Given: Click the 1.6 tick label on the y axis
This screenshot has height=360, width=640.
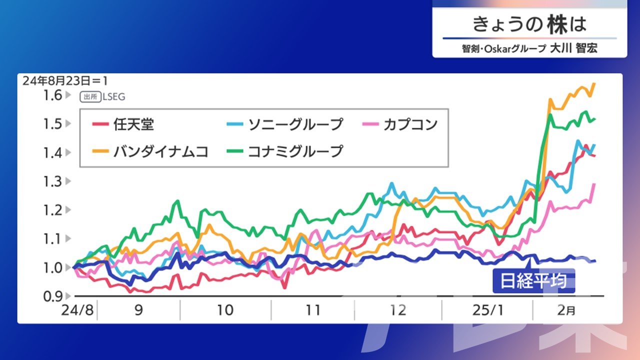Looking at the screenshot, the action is [x=52, y=95].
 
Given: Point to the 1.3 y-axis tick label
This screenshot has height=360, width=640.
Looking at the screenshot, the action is [x=52, y=181].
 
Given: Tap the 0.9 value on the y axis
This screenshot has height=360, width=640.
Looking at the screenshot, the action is [x=52, y=296].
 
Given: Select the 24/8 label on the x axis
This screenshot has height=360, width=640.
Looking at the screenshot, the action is [x=77, y=310].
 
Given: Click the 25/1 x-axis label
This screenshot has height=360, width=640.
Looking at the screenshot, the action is [x=488, y=310].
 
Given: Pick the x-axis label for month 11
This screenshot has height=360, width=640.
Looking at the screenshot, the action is [x=313, y=310].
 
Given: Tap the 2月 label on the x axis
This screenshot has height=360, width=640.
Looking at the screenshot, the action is [x=566, y=310].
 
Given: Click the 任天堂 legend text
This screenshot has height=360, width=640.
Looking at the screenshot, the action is [x=133, y=124].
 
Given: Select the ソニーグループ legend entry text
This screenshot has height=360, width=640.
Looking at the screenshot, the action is [x=295, y=124].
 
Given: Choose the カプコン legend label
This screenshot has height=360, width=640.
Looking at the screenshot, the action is [x=410, y=124].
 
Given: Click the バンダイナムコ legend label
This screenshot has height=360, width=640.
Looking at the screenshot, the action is [x=161, y=151].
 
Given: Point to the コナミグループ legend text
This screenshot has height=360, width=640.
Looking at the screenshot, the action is [x=295, y=151].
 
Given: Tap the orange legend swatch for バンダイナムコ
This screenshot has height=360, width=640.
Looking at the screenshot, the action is [x=100, y=151].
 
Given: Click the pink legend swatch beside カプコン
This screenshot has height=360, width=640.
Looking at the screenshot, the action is [x=370, y=124].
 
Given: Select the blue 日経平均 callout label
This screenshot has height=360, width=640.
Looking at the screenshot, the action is [x=533, y=281].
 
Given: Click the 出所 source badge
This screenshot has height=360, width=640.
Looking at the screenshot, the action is [x=90, y=97].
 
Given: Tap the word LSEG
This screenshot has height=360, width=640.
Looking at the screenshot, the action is [x=113, y=97].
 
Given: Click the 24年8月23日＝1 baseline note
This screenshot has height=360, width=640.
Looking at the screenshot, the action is [x=65, y=81].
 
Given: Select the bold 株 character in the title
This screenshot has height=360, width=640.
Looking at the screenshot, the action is [x=557, y=24].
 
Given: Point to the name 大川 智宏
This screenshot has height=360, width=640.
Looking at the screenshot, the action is [x=573, y=48].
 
